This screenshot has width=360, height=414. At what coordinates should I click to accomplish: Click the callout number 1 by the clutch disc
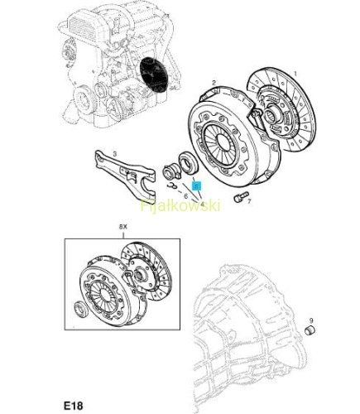[x=295, y=74]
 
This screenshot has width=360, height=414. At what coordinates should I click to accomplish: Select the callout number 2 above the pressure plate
[x=214, y=83]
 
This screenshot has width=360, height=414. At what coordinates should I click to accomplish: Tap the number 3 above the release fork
[x=115, y=153]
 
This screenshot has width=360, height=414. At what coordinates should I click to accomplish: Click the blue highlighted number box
[x=196, y=186]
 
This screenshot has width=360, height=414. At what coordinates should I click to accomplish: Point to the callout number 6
[x=185, y=196]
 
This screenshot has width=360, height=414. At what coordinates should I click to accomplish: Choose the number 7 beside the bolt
[x=249, y=201]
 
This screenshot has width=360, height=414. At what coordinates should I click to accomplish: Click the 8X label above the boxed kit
[x=123, y=227]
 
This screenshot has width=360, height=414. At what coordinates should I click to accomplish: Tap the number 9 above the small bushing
[x=311, y=320]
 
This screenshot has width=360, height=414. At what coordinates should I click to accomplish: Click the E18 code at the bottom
[x=74, y=406]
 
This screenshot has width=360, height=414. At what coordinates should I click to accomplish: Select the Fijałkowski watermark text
[x=180, y=205]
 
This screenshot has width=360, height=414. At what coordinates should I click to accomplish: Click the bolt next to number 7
[x=241, y=197]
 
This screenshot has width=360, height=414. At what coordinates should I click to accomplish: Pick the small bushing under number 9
[x=310, y=330]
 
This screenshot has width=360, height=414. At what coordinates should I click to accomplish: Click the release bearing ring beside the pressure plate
[x=187, y=164]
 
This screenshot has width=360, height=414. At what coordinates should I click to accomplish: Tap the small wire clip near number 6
[x=172, y=186]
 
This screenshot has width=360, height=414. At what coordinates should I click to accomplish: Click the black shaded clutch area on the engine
[x=153, y=75]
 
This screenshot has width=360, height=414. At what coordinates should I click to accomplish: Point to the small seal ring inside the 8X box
[x=81, y=309]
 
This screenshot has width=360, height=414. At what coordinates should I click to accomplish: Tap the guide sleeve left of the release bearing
[x=170, y=172]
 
